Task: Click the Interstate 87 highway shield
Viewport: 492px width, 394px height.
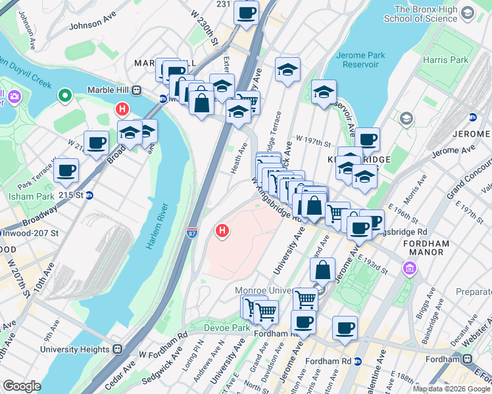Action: coord(191,232)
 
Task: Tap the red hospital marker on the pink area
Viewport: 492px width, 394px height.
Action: coord(223,231)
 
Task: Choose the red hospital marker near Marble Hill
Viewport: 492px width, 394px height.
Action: coord(121,108)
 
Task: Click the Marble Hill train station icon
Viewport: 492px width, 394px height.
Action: coord(136,90)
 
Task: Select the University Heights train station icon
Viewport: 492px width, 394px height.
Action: coord(117,349)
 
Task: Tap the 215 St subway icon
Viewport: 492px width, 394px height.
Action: coord(90,195)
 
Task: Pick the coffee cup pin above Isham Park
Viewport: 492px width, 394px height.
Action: coord(66,171)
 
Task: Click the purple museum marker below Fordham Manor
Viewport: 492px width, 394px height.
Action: coord(411,269)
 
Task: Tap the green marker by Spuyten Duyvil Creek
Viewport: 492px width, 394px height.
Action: coord(64,97)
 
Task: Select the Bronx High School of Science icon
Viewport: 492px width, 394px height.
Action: coord(467,12)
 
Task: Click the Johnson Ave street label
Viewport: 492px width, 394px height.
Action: coord(93,24)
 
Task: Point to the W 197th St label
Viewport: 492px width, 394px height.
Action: coord(316,140)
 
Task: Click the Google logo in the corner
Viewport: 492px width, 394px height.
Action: coord(22,386)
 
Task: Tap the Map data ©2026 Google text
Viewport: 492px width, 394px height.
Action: coord(451,389)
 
